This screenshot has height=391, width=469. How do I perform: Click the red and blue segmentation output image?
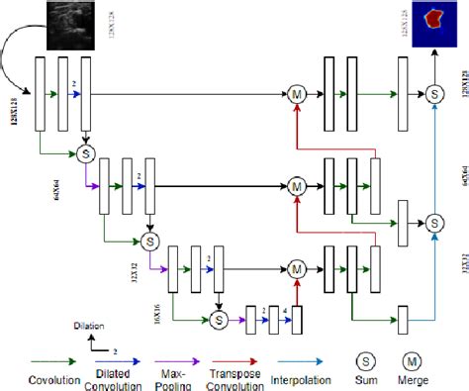tap(432, 24)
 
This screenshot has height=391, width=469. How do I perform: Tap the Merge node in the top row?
tap(296, 94)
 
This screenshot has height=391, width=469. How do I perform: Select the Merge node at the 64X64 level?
tap(296, 185)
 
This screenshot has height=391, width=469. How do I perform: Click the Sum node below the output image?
tap(432, 94)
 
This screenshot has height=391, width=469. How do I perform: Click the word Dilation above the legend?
tap(88, 324)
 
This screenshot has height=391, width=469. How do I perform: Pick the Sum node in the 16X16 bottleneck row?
tap(220, 292)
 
